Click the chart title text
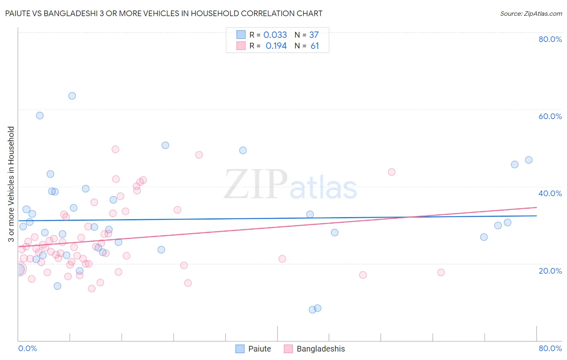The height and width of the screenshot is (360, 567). tap(164, 13)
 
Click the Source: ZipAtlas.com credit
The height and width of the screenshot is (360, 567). tap(531, 13)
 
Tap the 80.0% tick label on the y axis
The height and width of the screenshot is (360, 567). tap(550, 39)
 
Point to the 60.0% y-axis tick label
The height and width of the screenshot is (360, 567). tap(550, 116)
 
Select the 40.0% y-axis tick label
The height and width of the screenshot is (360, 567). tap(550, 193)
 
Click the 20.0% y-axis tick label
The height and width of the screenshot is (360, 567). tap(550, 270)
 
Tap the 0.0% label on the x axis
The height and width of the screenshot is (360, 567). tap(27, 348)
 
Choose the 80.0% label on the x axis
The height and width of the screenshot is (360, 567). tap(550, 348)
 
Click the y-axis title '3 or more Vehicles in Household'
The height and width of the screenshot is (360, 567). tap(11, 184)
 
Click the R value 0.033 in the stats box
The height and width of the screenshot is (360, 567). tap(275, 35)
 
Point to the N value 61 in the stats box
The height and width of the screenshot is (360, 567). tap(315, 46)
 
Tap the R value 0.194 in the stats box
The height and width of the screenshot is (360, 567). tap(276, 46)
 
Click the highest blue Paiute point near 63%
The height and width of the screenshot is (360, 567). tap(72, 96)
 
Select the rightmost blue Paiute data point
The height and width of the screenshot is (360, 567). tap(529, 160)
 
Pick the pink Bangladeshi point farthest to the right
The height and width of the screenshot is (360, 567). tap(441, 272)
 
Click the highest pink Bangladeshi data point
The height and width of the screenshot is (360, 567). tap(115, 149)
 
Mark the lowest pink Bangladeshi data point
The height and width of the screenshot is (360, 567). tap(92, 289)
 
